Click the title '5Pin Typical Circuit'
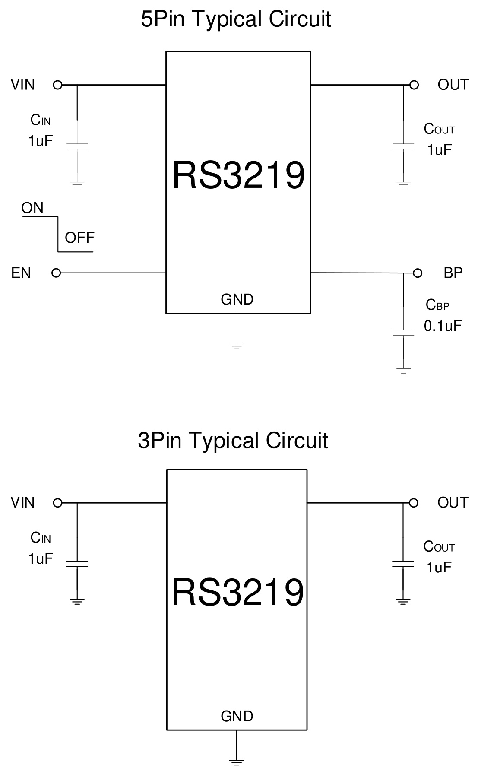coord(236,19)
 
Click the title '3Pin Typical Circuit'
coord(233,441)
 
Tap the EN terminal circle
coord(56,273)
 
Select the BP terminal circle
coord(417,273)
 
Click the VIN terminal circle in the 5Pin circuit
coord(57,85)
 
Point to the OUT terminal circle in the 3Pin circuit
coord(414,503)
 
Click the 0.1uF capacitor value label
coord(443,326)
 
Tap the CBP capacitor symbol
coord(403,333)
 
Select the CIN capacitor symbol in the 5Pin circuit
coord(77,146)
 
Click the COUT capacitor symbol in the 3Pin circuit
coord(403,564)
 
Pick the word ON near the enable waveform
coord(32,208)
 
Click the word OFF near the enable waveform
coord(79,238)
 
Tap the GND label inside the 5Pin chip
coord(237,299)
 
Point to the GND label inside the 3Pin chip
coord(237,716)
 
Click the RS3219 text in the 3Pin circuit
coord(238,593)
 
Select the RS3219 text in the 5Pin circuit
coord(238,175)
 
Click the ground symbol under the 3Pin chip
coord(237,762)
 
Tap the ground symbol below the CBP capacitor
coord(403,370)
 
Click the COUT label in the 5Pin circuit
coord(439,129)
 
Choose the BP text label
coord(453,273)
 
